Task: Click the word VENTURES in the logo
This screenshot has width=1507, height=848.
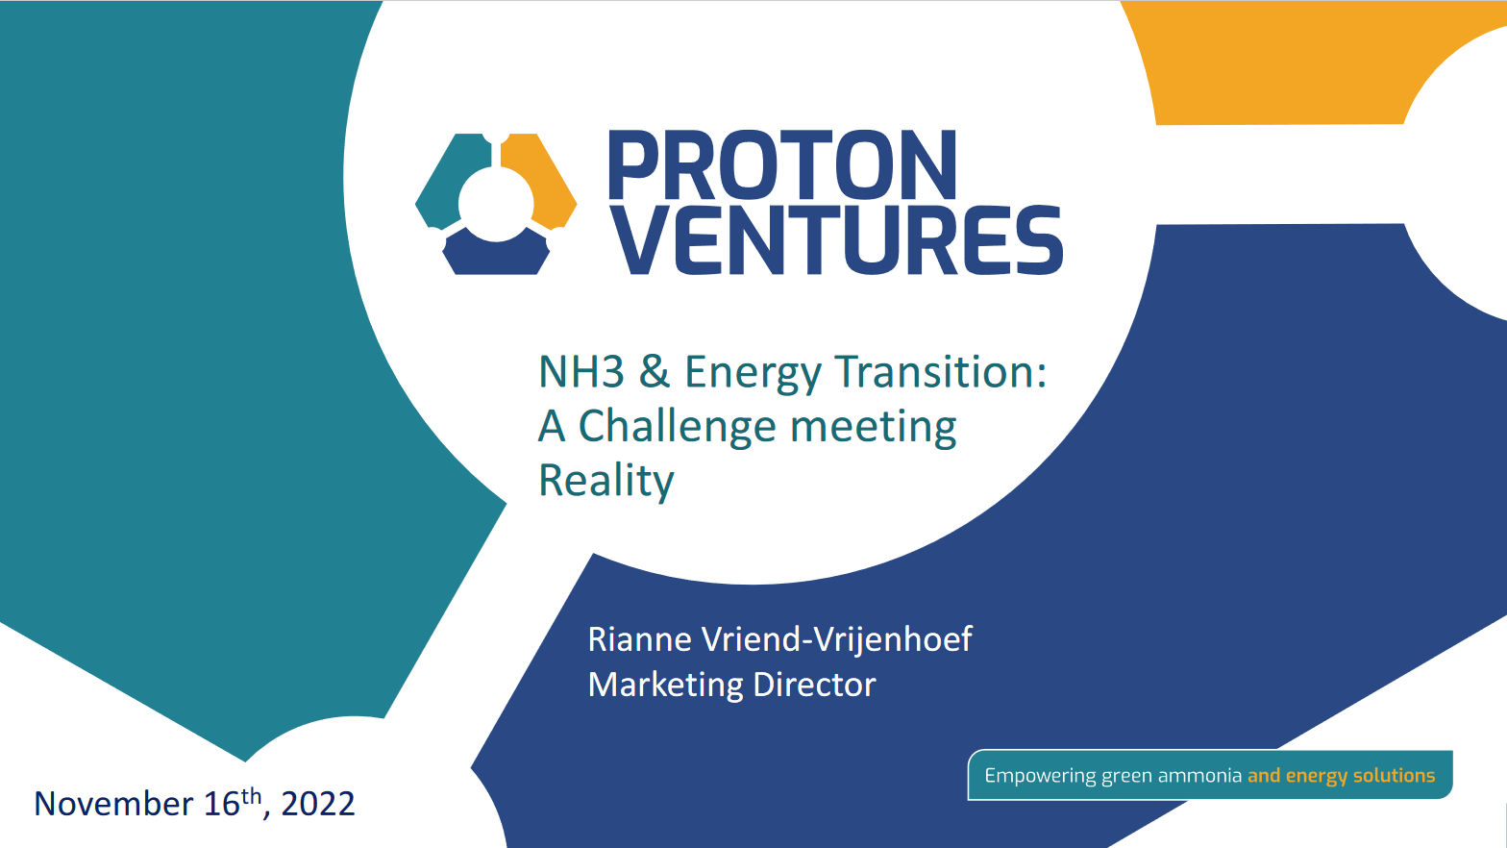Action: point(836,239)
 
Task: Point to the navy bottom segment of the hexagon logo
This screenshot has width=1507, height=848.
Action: point(496,255)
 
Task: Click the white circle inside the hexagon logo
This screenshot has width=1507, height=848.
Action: point(496,204)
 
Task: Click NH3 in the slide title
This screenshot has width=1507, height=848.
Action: point(581,372)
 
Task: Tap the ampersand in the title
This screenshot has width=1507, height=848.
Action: point(655,372)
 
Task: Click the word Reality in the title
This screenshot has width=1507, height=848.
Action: point(605,481)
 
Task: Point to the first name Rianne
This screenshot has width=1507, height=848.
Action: point(639,639)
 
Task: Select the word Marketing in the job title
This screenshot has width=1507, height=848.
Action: point(665,685)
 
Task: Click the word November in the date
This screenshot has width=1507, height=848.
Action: point(113,804)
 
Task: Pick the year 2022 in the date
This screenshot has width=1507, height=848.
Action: point(317,804)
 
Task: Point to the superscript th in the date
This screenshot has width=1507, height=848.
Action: point(251,795)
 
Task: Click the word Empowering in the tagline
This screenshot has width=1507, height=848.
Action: point(1040,776)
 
